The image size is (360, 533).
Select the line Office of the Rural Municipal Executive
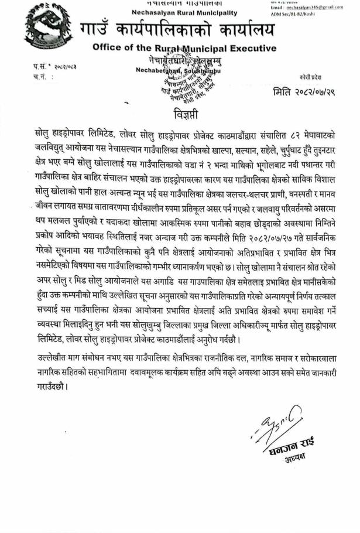point(184,47)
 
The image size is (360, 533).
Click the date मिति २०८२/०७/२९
point(305,92)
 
